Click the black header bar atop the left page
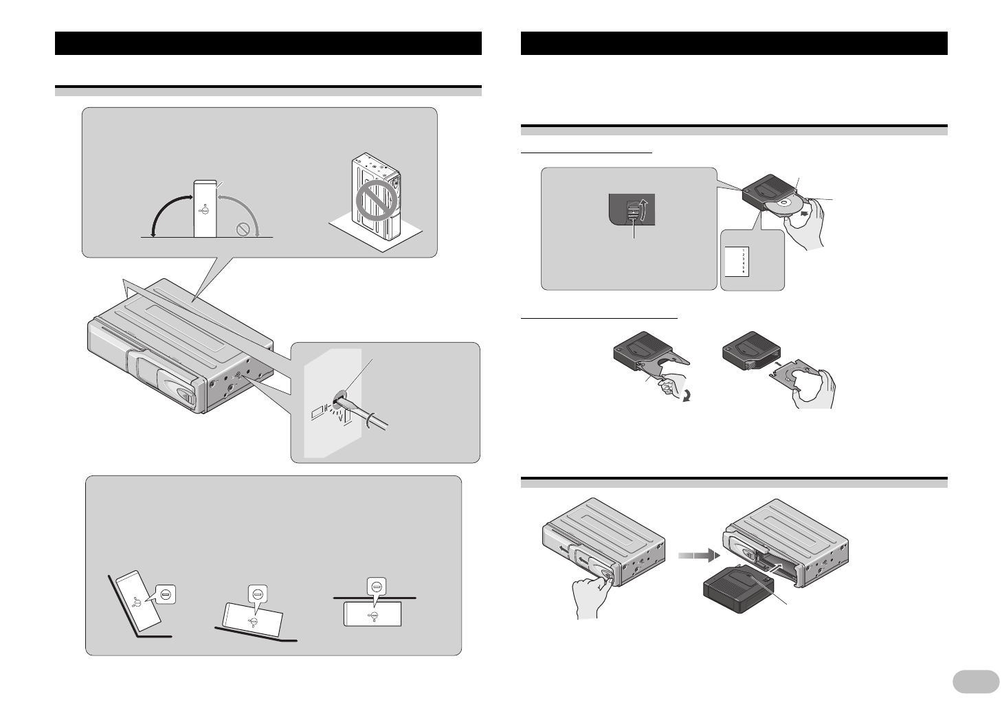pyautogui.click(x=268, y=43)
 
